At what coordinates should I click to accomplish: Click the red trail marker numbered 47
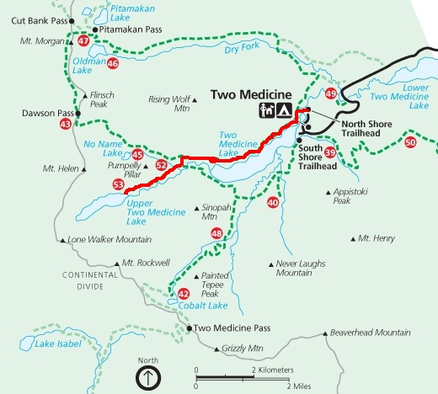pos(83,40)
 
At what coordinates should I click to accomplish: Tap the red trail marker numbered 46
pos(113,62)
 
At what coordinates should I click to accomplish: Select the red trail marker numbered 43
pos(66,125)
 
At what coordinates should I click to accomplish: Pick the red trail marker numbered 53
pos(118,184)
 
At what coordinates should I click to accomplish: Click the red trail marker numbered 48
pos(217,233)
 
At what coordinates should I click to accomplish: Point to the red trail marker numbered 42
pos(184,293)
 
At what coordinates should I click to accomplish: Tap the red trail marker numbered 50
pos(410,143)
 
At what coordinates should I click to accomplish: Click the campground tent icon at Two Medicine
pos(285,110)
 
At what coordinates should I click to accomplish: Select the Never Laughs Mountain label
pos(301,268)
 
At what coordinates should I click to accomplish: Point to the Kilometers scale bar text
pos(271,370)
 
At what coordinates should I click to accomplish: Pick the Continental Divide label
pos(88,280)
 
